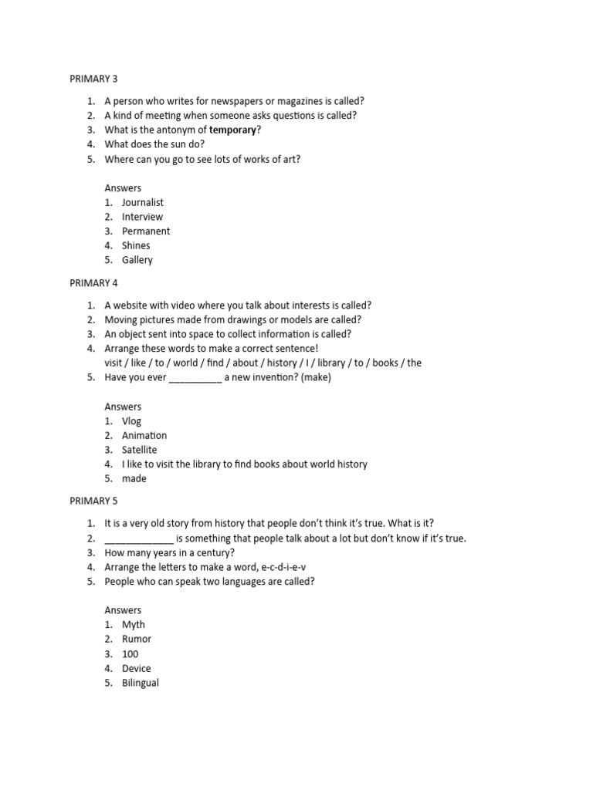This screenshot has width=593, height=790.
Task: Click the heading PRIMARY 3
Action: pos(93,79)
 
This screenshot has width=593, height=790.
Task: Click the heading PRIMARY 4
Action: pos(93,282)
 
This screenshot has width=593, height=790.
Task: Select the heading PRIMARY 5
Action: pos(93,501)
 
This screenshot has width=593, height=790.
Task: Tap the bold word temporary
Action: pos(232,130)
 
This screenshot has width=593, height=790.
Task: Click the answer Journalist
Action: pos(143,202)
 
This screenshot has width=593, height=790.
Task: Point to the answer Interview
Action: pos(142,217)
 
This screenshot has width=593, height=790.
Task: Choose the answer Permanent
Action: pos(146,231)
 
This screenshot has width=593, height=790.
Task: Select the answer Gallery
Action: pos(137,260)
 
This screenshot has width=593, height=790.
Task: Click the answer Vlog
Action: pos(132,421)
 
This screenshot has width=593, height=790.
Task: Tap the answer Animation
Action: pos(144,435)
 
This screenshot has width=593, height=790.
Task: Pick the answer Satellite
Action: pos(139,450)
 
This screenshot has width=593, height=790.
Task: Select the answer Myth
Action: pos(134,624)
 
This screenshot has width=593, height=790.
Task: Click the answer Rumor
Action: pos(137,639)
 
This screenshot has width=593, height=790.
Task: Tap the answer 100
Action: pos(130,654)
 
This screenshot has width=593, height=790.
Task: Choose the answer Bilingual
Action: pos(141,683)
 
